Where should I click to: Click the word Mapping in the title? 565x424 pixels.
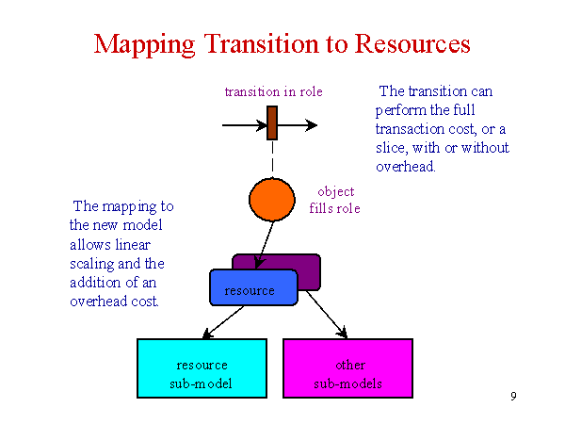point(144,44)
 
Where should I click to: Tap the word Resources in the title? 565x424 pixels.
point(412,44)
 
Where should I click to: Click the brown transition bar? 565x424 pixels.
point(272,122)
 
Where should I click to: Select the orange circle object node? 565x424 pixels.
point(272,200)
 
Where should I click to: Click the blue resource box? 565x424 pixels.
point(253,287)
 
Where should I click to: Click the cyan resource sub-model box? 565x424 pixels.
point(202,368)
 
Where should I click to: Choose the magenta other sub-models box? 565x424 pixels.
point(347,368)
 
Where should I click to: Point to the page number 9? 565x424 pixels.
point(513,397)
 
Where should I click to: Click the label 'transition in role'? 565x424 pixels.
point(273,91)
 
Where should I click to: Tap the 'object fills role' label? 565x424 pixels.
point(334,200)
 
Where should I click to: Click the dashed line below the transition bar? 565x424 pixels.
point(272,156)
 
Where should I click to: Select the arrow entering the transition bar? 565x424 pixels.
point(245,125)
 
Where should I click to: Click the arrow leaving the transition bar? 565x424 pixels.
point(298,125)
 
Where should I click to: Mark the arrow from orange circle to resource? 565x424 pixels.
point(264,245)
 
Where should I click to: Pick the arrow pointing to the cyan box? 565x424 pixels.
point(223,322)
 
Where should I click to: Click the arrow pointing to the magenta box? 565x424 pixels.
point(327,315)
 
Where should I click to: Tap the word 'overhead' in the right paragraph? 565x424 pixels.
point(405,167)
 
